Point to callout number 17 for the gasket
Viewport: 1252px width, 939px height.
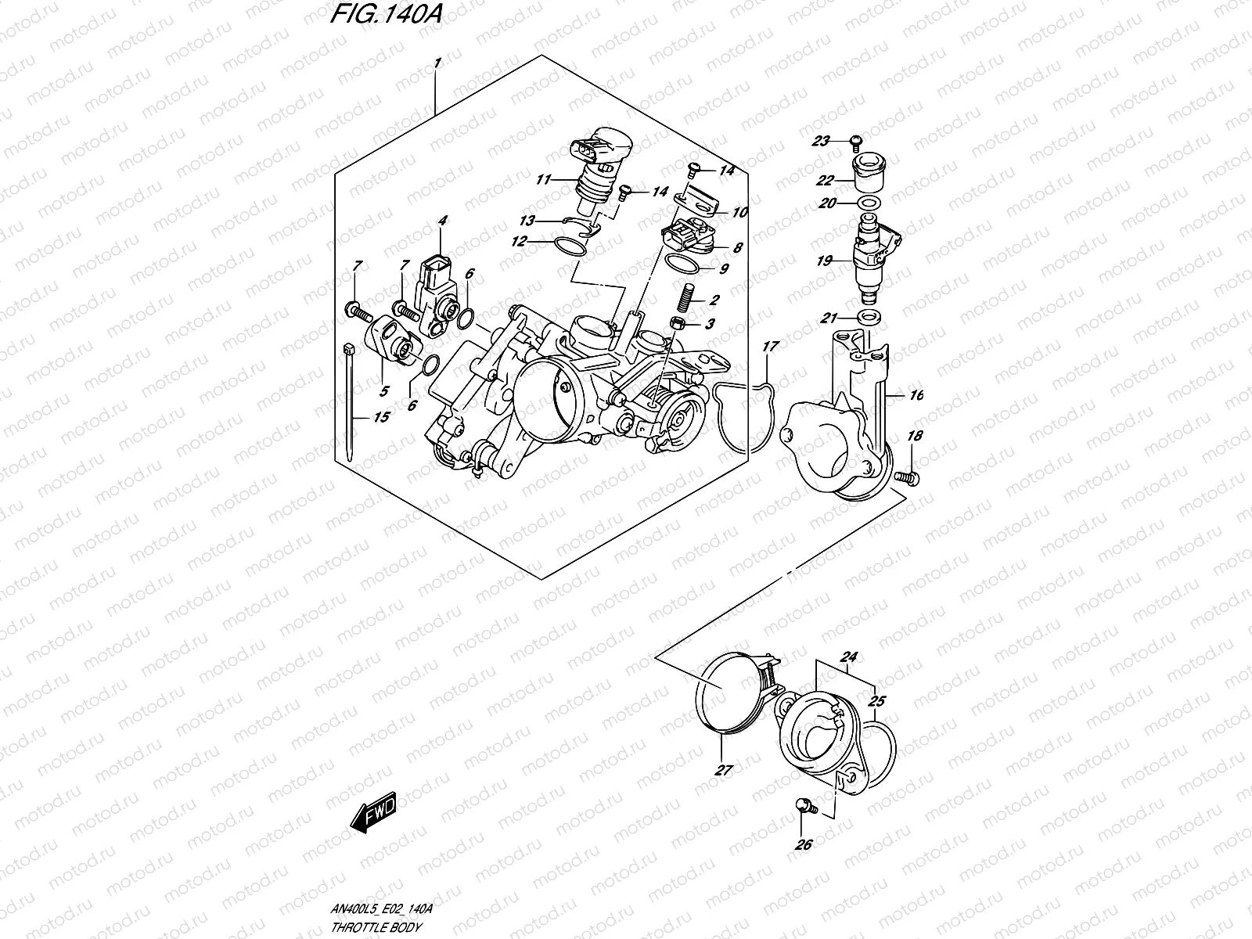point(770,345)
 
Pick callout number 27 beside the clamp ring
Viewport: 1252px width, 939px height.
point(723,771)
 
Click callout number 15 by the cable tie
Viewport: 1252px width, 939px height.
point(381,417)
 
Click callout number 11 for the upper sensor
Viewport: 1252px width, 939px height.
point(545,180)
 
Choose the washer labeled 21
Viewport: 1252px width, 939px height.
point(869,318)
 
